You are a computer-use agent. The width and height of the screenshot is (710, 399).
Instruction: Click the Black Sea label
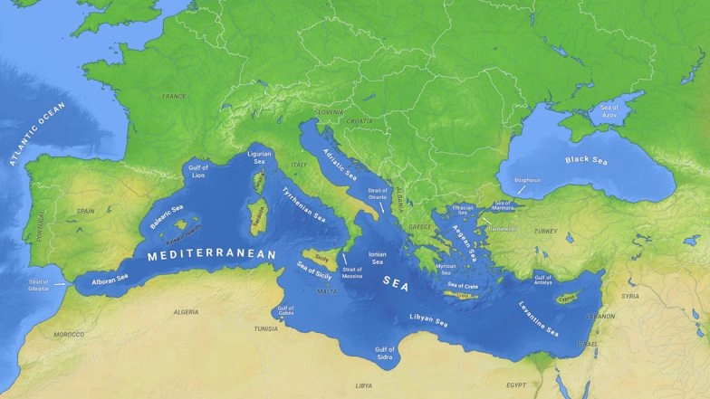(587, 160)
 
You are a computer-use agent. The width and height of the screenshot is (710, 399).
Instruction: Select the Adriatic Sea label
(339, 165)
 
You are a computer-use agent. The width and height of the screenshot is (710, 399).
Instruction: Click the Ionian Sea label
(378, 260)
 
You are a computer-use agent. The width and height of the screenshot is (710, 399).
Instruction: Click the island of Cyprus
(568, 298)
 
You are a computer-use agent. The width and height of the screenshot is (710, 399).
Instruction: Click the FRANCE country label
(173, 96)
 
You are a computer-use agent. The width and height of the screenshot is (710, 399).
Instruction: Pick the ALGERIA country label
(186, 312)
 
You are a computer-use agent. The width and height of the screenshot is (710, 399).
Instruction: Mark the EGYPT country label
(516, 385)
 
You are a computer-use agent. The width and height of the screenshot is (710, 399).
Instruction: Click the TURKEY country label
(546, 232)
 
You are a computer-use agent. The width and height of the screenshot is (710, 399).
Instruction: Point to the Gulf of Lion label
(197, 171)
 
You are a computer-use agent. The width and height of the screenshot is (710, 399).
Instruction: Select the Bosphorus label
(528, 180)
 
